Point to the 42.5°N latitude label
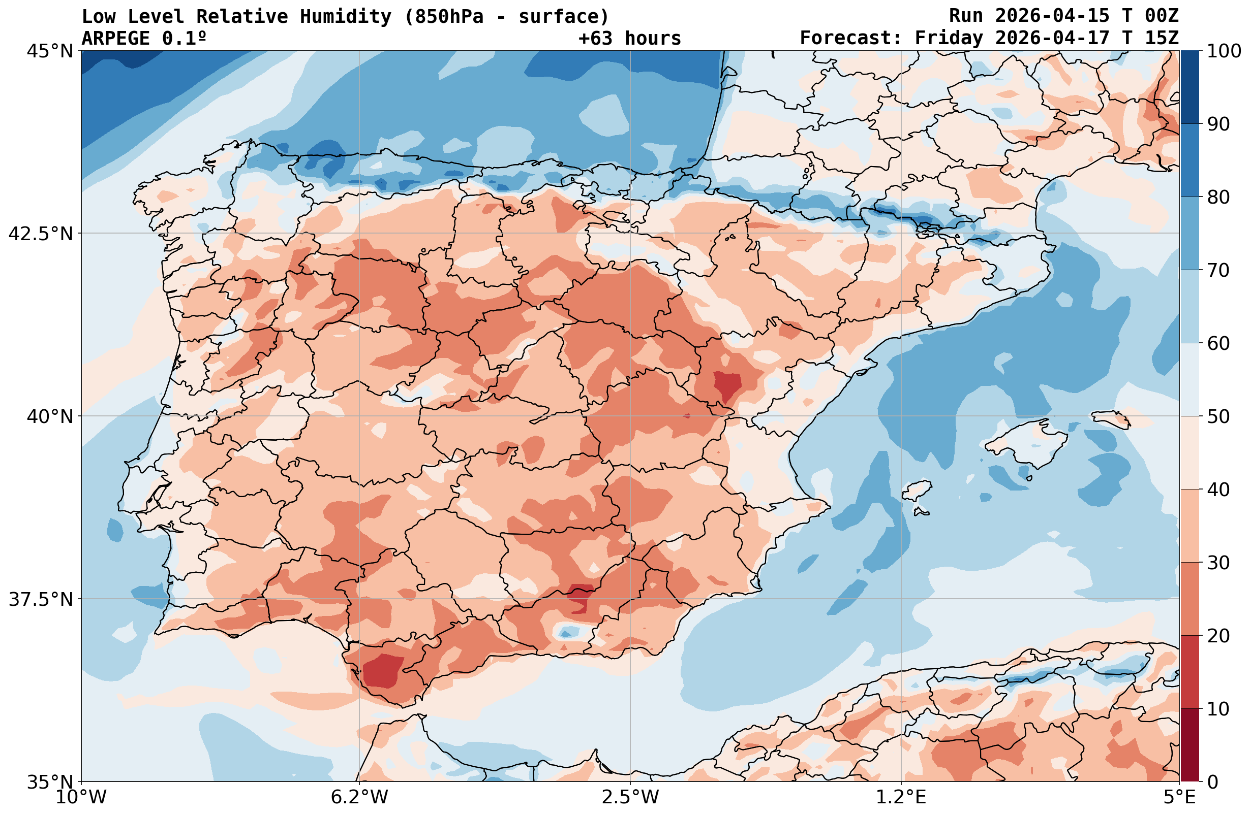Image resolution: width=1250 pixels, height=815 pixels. point(41,234)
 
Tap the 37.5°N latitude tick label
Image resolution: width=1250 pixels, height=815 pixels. point(41,599)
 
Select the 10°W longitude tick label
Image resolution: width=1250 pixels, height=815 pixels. point(81,797)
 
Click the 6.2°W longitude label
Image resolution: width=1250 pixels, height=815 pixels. point(359,797)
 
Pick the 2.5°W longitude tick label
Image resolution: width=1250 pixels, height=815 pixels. point(630,797)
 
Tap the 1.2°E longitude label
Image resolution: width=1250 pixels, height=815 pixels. point(901,797)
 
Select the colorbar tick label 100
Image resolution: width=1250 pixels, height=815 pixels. point(1224,51)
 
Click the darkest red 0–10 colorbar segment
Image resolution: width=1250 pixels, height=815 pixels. point(1190,745)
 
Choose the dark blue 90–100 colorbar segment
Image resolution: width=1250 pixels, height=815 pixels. point(1190,87)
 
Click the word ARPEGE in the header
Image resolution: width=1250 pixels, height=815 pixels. point(115,38)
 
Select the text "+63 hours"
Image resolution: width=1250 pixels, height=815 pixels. point(630,38)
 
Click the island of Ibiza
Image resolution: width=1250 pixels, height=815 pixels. point(917,490)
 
